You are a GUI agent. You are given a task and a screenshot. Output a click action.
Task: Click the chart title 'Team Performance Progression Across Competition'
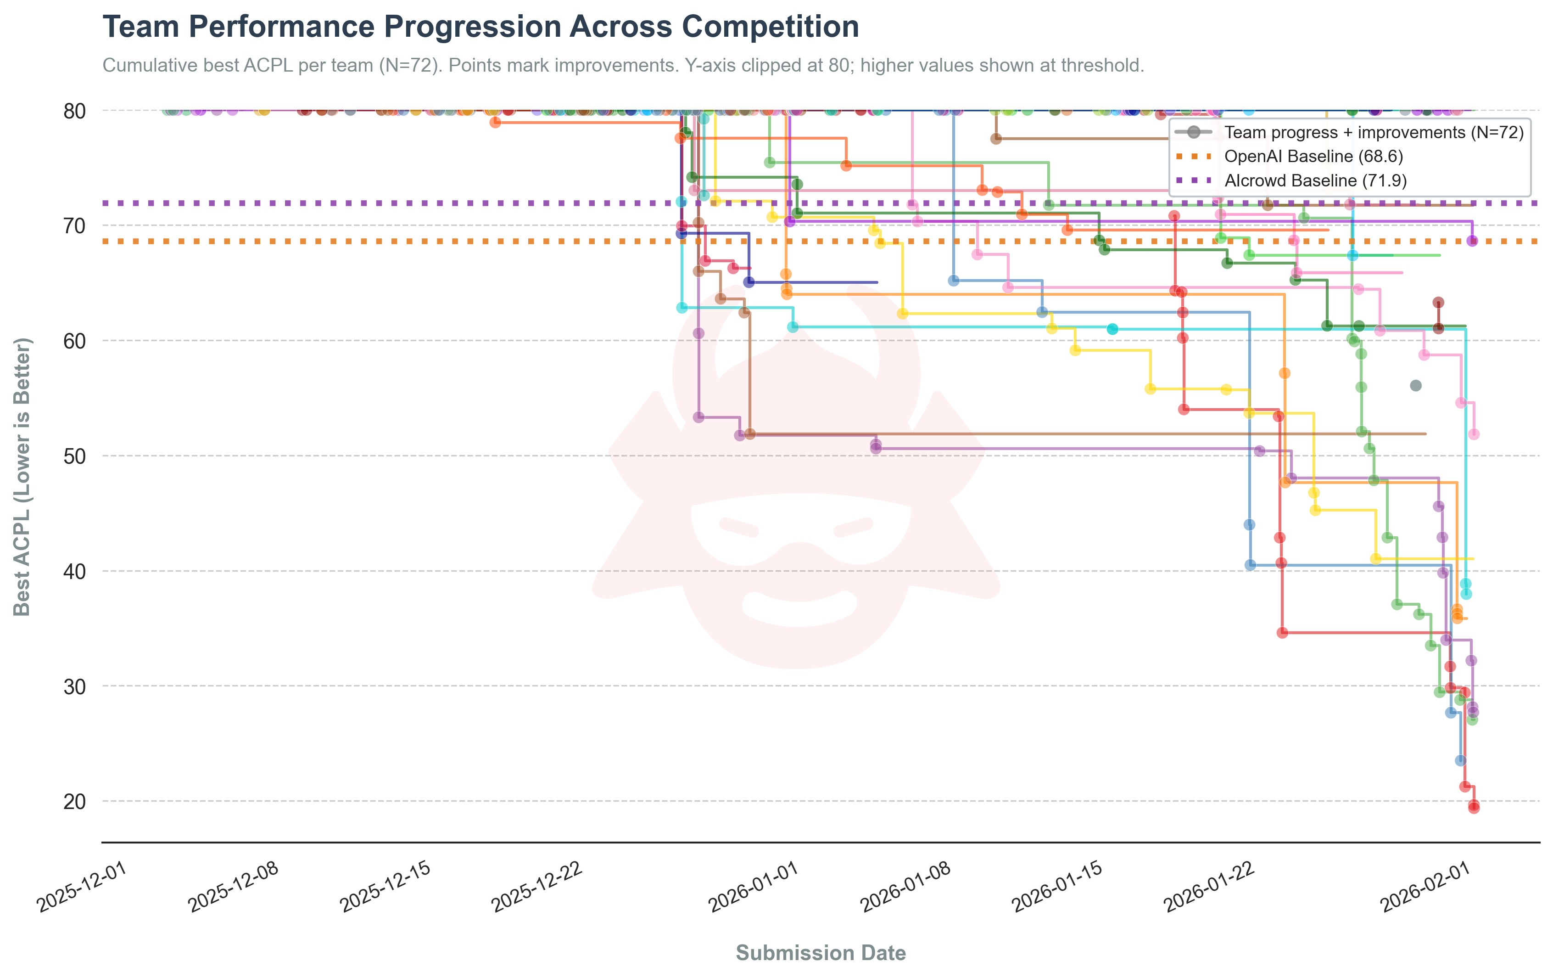click(x=480, y=27)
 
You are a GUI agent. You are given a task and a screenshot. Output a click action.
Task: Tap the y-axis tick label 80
click(x=75, y=111)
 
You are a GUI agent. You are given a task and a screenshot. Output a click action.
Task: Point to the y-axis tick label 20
click(x=75, y=801)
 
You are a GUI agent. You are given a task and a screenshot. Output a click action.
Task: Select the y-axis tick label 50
click(x=75, y=456)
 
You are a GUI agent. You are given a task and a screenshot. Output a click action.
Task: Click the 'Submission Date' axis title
click(x=821, y=953)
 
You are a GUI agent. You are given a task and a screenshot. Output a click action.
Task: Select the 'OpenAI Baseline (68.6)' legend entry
click(x=1313, y=156)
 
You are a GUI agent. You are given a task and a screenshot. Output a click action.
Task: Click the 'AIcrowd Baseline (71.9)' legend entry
click(x=1315, y=180)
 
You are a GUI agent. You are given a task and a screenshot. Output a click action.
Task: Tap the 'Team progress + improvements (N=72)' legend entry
click(x=1374, y=132)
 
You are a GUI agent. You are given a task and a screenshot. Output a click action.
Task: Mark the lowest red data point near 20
click(x=1474, y=808)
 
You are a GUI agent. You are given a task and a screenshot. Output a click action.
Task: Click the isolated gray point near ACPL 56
click(x=1416, y=386)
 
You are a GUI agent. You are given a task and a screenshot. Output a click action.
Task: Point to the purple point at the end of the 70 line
click(x=1472, y=241)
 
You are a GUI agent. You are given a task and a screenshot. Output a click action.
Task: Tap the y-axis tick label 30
click(x=75, y=686)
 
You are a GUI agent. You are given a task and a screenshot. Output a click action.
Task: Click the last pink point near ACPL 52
click(x=1474, y=434)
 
